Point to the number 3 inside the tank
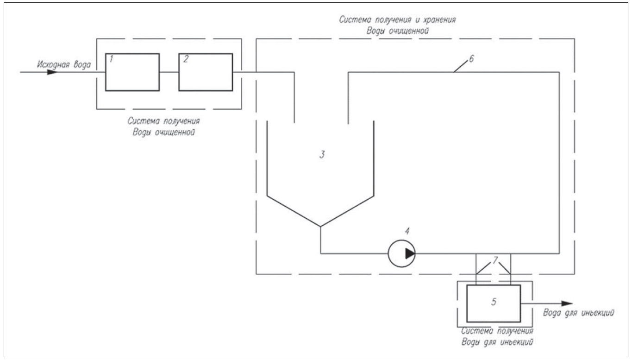pyautogui.click(x=322, y=154)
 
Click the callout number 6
pyautogui.click(x=471, y=59)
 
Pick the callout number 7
pyautogui.click(x=495, y=260)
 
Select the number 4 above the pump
pyautogui.click(x=407, y=231)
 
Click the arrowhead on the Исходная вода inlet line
pyautogui.click(x=52, y=72)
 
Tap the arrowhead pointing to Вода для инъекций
pyautogui.click(x=567, y=303)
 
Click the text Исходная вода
pyautogui.click(x=64, y=65)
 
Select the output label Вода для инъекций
pyautogui.click(x=578, y=313)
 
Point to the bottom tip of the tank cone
pyautogui.click(x=320, y=227)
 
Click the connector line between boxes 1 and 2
pyautogui.click(x=169, y=72)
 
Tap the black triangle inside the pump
pyautogui.click(x=410, y=253)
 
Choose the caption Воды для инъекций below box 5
pyautogui.click(x=497, y=342)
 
